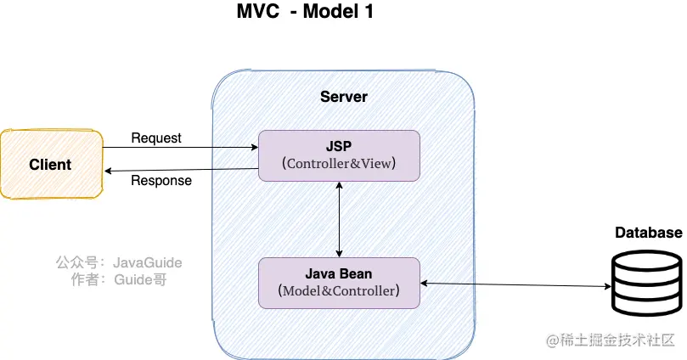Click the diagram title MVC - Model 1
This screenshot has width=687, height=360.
click(305, 12)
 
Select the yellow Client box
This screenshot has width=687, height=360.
click(51, 164)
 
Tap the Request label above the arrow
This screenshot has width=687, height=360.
click(156, 138)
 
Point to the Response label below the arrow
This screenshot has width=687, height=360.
click(161, 180)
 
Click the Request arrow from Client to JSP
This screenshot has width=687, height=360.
click(180, 148)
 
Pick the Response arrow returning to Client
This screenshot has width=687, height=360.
click(180, 170)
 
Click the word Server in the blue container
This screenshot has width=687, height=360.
click(343, 96)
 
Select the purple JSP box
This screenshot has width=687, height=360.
click(339, 155)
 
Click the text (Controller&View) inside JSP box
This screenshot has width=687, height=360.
click(339, 163)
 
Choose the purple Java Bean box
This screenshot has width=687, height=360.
click(339, 282)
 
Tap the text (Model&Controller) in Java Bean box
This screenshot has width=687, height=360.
click(339, 290)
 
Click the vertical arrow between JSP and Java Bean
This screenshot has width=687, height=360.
click(340, 218)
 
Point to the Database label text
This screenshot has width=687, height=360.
click(648, 233)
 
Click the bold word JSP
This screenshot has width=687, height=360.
click(339, 146)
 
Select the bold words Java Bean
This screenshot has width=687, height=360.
click(339, 273)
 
